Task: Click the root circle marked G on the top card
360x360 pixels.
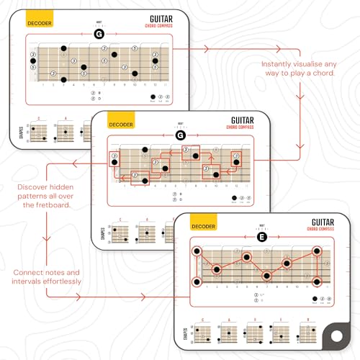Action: tap(99, 34)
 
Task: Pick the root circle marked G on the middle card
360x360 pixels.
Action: tap(181, 135)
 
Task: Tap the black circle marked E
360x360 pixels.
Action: tap(263, 238)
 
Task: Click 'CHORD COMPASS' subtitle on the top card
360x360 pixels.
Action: tap(163, 27)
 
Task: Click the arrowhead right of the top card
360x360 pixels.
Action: tap(208, 49)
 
